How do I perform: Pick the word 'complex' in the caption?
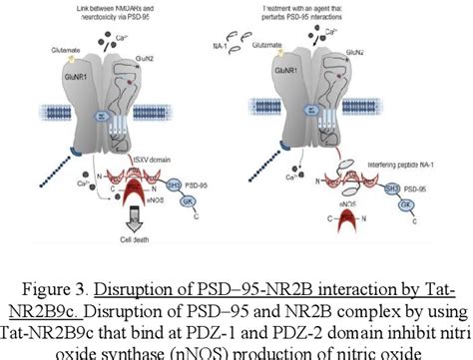(x=365, y=302)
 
